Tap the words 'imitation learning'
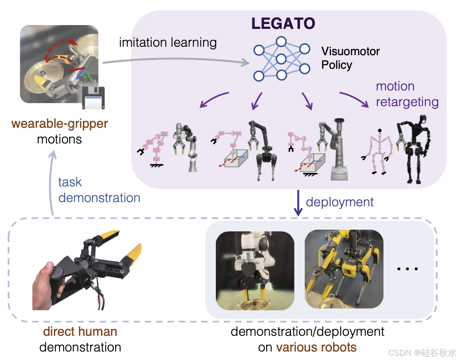[x=168, y=42]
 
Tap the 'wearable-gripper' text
[x=59, y=124]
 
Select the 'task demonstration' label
[x=99, y=190]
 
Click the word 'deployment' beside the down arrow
[x=339, y=202]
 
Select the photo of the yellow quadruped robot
[x=343, y=269]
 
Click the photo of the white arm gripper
[x=254, y=270]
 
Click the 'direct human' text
[x=80, y=331]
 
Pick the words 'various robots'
[x=316, y=347]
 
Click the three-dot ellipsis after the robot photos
[x=407, y=269]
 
